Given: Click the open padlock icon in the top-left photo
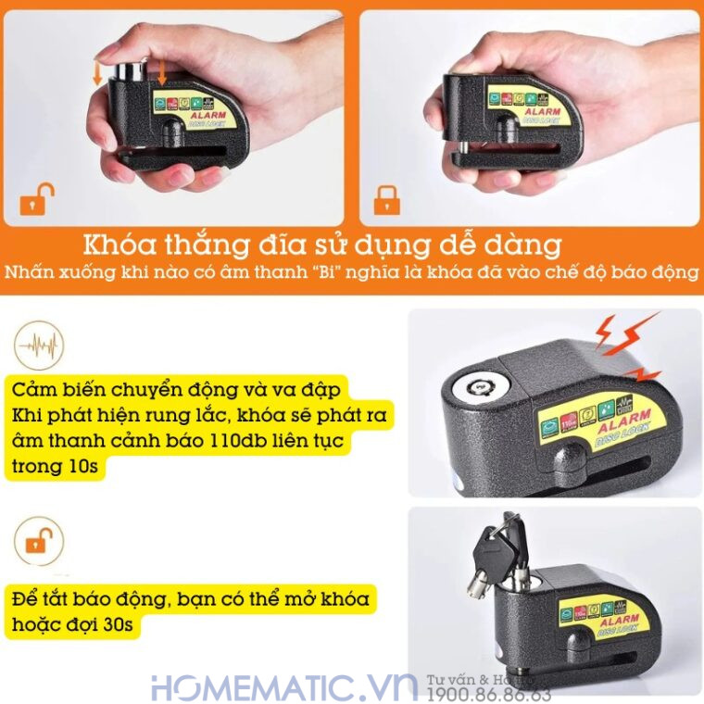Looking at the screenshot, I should pos(38,200).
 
